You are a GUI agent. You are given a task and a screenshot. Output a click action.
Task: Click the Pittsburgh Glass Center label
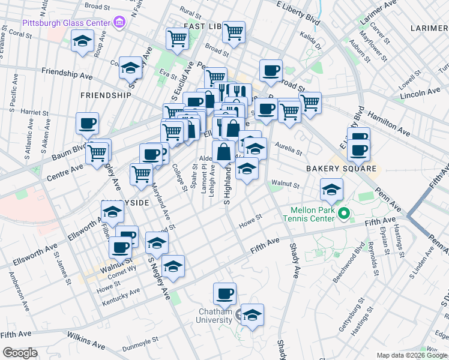click(x=66, y=23)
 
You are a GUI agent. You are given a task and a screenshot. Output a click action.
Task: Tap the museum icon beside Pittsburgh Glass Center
click(x=119, y=23)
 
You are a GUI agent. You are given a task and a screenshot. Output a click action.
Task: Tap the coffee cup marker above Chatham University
click(x=225, y=294)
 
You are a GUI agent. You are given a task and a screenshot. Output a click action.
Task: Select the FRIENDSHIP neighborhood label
click(x=105, y=95)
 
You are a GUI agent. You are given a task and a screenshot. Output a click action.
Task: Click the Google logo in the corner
click(x=20, y=353)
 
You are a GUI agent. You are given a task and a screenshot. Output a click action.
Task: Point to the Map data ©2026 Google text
click(x=411, y=355)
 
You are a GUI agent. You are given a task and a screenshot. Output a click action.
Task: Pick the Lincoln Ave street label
click(x=420, y=94)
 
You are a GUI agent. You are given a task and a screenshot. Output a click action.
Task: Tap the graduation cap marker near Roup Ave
click(x=81, y=41)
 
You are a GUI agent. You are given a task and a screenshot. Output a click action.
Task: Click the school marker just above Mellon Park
click(x=330, y=190)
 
